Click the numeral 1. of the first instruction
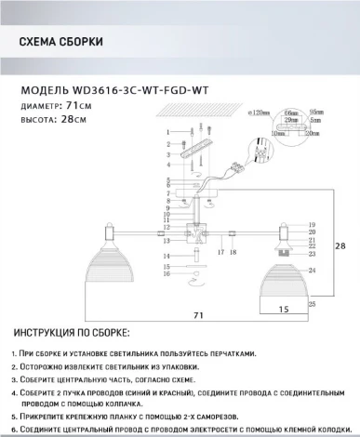tap(15, 355)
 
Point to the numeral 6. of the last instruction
tap(15, 429)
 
